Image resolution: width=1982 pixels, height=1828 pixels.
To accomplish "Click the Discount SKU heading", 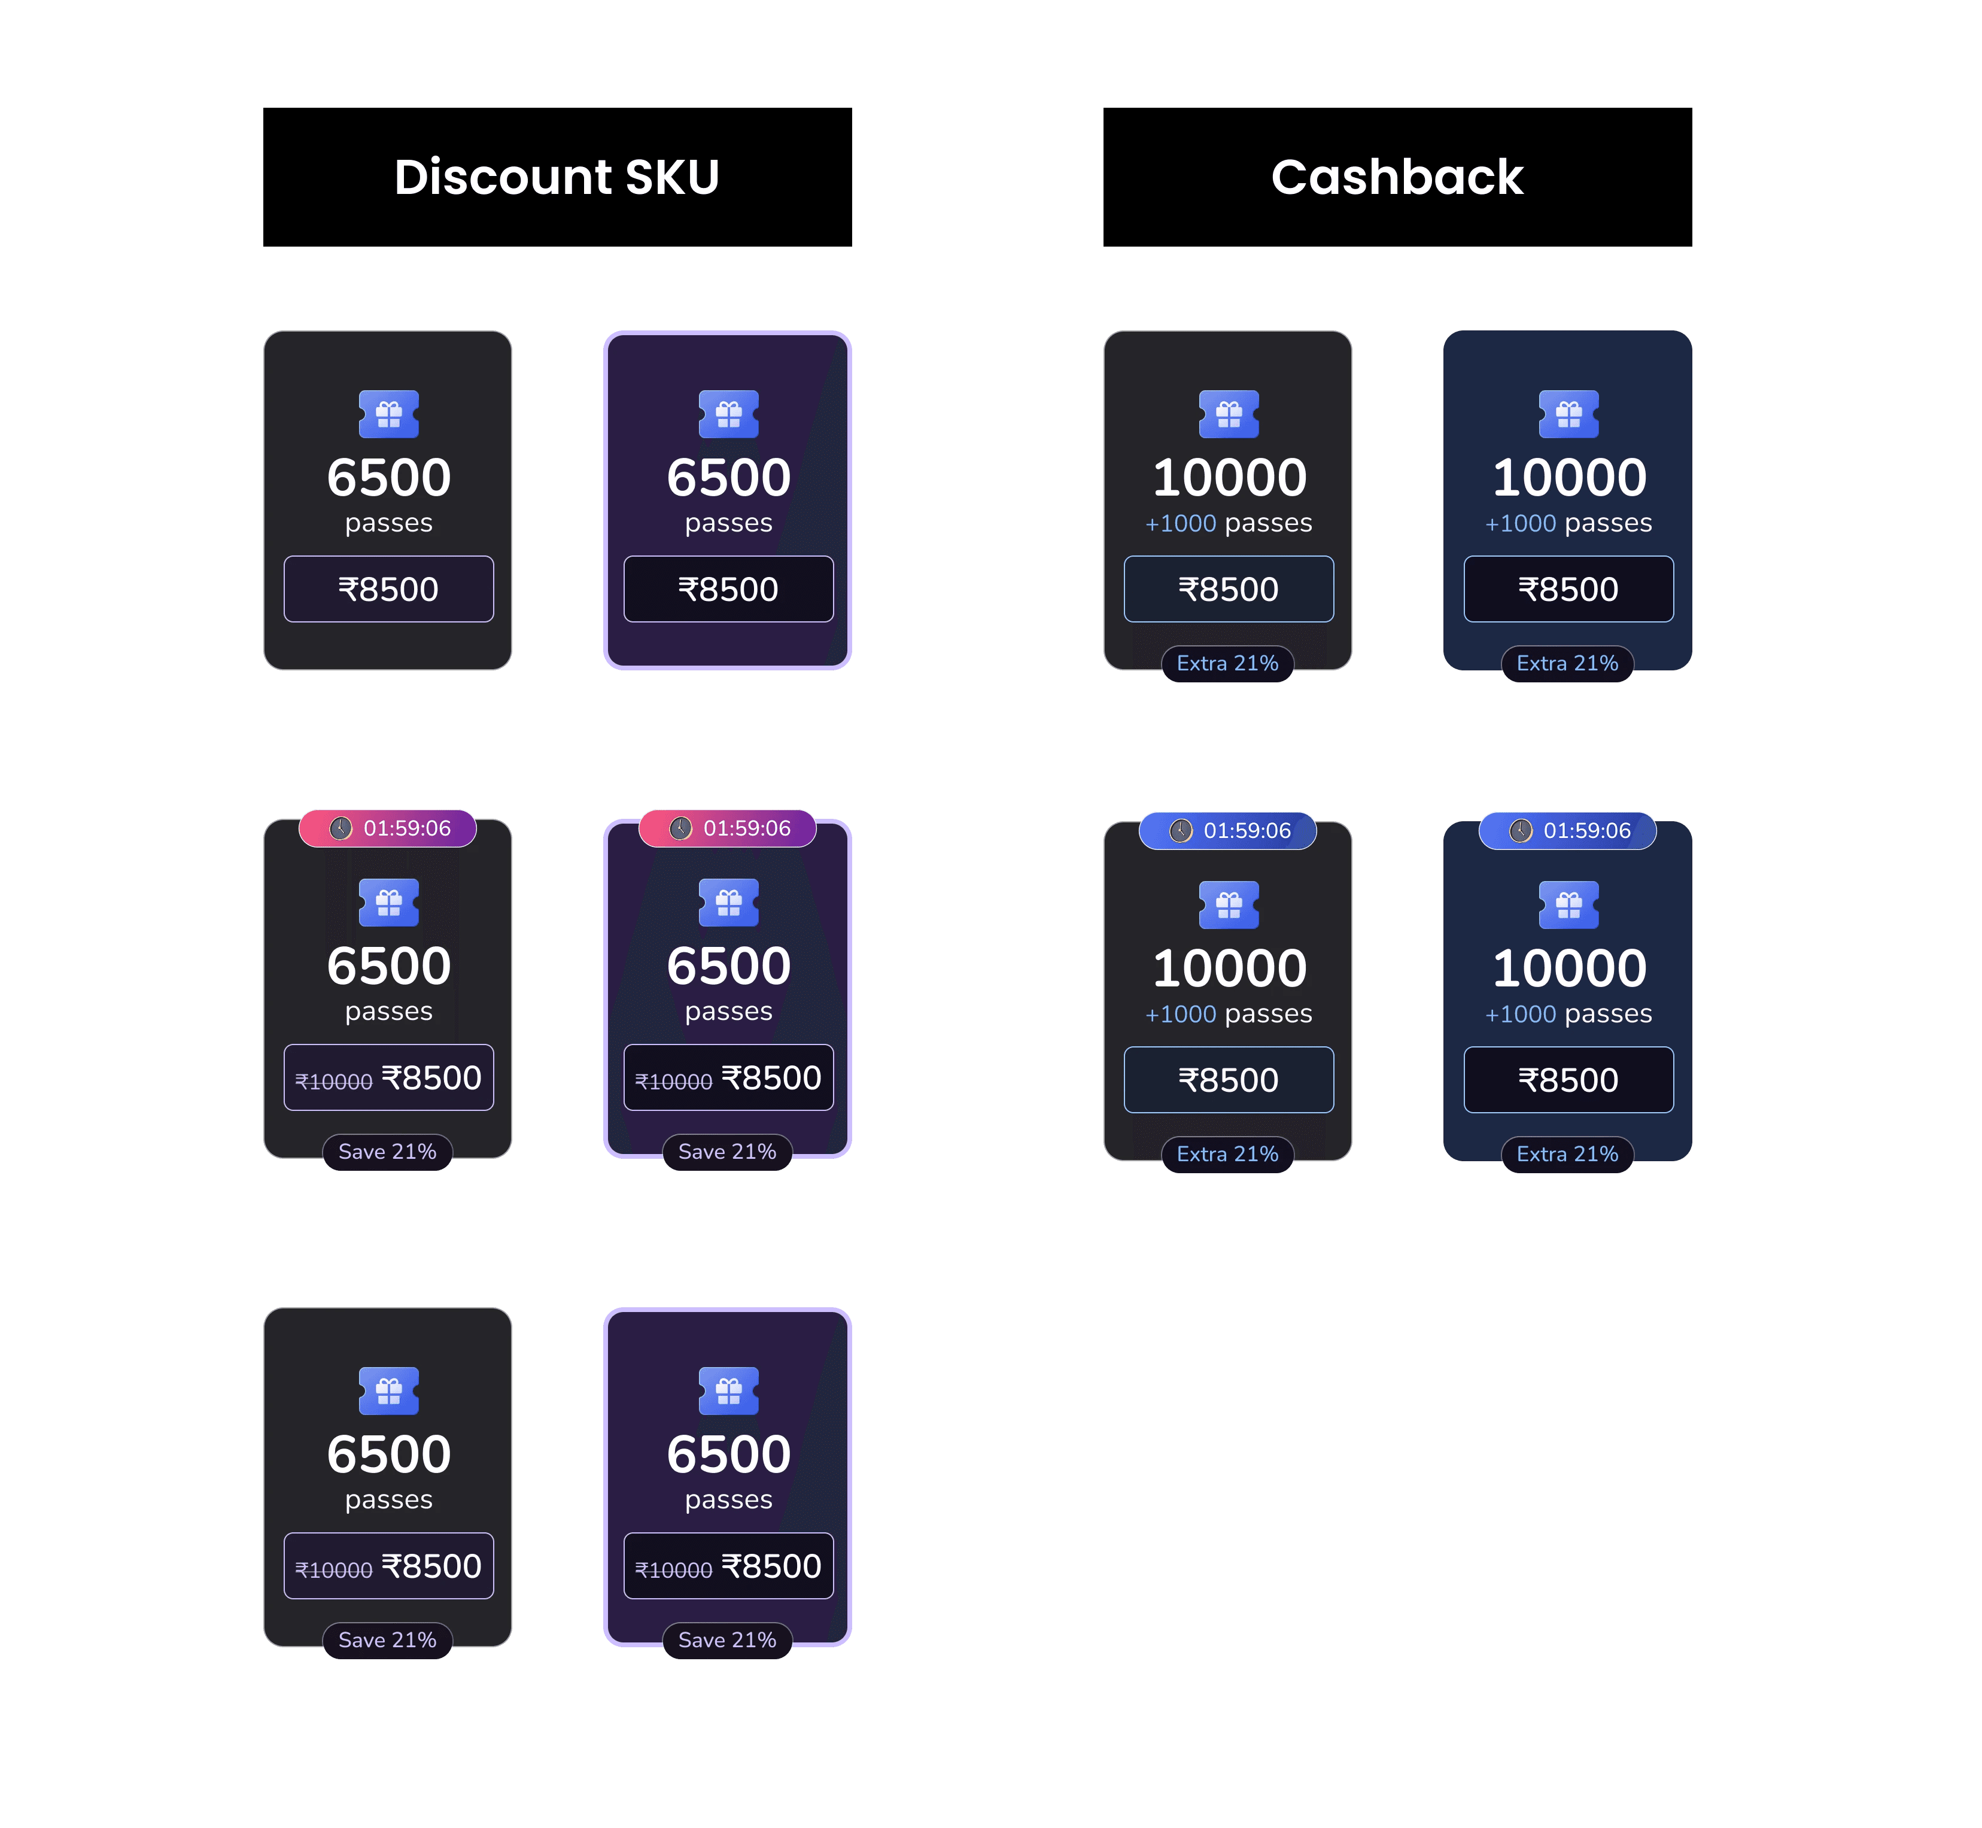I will [557, 177].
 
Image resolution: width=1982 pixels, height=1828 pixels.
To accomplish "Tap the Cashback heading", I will [1397, 177].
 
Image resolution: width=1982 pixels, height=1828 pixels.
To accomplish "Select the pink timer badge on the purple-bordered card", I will [728, 828].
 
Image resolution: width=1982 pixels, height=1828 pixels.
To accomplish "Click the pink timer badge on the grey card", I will [388, 828].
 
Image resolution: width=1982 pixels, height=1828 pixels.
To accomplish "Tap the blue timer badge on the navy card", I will [1568, 830].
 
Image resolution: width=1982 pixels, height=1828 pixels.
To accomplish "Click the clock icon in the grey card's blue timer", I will [1181, 830].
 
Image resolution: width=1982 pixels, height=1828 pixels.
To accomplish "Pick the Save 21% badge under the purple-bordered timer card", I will [727, 1152].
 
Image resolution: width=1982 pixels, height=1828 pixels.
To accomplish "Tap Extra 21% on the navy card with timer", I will [1568, 1153].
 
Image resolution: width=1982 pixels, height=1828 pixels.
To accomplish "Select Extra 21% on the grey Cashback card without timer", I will [1227, 663].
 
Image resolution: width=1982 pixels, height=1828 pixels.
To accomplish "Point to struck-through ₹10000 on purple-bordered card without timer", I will [673, 1570].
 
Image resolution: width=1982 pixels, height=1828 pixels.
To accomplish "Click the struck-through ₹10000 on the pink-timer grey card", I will [333, 1081].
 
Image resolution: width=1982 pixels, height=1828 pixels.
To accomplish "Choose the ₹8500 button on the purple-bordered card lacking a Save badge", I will [728, 588].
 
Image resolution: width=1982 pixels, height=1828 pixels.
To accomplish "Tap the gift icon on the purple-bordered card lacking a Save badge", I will [728, 414].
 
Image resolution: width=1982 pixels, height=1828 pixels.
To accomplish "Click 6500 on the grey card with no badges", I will [389, 478].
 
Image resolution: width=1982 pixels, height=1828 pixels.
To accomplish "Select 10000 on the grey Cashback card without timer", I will [1229, 478].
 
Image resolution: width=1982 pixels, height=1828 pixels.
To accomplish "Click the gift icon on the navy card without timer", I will [1568, 414].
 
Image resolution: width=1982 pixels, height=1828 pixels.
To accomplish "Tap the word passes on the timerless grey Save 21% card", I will [389, 1499].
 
